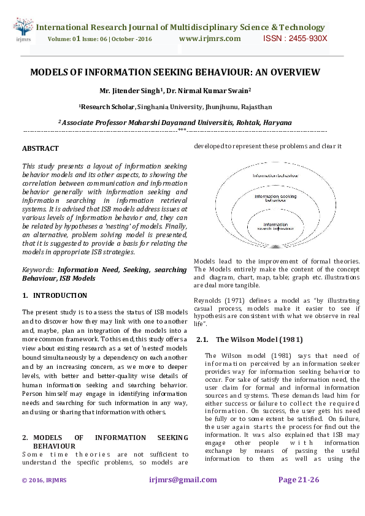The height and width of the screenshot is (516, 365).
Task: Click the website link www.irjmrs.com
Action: coord(210,39)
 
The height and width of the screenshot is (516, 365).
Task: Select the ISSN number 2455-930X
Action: coord(295,39)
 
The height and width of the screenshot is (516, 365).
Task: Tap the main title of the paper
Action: coord(175,72)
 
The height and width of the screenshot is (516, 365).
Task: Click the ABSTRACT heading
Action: coord(40,149)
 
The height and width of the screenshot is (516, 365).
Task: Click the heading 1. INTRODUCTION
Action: coord(46,295)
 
